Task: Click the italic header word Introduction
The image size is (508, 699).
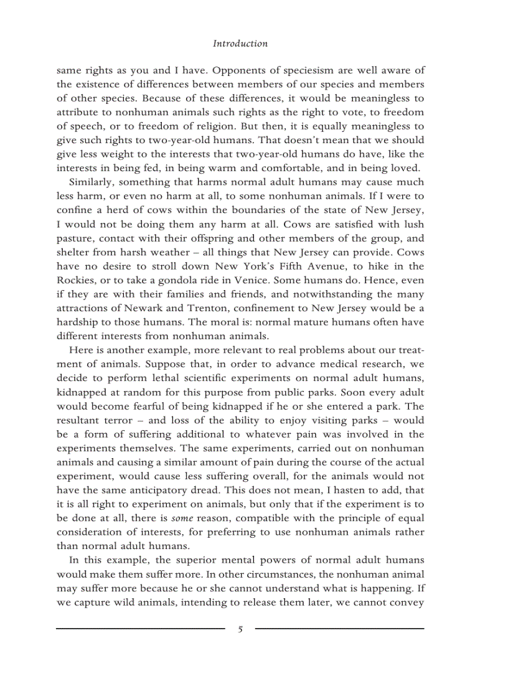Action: coord(240,44)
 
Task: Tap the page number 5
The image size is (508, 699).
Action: coord(240,629)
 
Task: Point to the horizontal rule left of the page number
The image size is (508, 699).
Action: coord(140,629)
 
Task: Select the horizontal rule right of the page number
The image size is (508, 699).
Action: coord(340,629)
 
